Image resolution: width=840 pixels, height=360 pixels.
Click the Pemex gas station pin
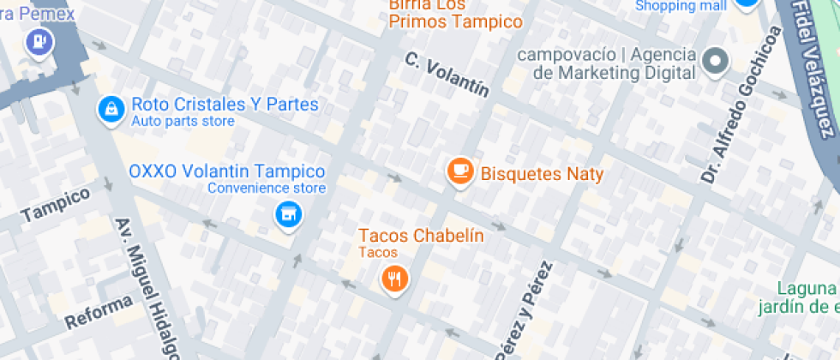[39, 40]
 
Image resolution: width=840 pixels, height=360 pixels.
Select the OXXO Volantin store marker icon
[289, 215]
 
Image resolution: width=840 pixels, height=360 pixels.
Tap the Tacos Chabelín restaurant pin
[393, 278]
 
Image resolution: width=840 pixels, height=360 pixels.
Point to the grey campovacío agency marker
[714, 61]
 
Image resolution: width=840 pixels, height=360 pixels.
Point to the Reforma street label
[99, 311]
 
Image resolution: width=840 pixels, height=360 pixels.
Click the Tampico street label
[55, 203]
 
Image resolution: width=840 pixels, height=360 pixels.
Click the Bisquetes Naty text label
[542, 174]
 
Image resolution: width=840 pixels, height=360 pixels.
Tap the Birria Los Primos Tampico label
[455, 13]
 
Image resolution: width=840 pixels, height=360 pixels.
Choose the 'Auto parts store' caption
[183, 122]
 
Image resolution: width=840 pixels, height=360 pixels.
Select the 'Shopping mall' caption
[676, 6]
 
